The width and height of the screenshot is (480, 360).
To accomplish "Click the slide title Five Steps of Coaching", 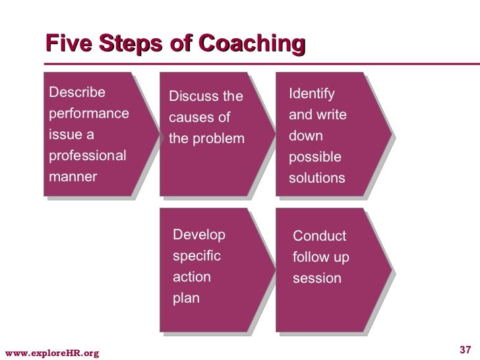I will pyautogui.click(x=175, y=44).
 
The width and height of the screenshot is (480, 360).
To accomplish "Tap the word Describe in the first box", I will pyautogui.click(x=76, y=92).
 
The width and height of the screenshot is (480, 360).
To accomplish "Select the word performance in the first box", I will pyautogui.click(x=89, y=113).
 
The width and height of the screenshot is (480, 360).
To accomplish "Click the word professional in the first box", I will pyautogui.click(x=88, y=156).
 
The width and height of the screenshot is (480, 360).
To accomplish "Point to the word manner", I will pyautogui.click(x=73, y=177).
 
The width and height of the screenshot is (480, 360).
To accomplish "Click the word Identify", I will pyautogui.click(x=312, y=94).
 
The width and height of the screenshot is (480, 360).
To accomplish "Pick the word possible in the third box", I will pyautogui.click(x=315, y=158).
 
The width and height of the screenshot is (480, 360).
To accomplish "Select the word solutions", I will pyautogui.click(x=317, y=179).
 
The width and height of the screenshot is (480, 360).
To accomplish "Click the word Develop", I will pyautogui.click(x=198, y=235).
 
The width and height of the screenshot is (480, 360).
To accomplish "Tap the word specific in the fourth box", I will pyautogui.click(x=196, y=256).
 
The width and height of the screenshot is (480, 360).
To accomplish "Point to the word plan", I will pyautogui.click(x=185, y=298).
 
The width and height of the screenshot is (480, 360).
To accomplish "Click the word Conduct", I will pyautogui.click(x=319, y=236).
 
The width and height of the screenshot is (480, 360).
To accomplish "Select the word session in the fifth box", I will pyautogui.click(x=317, y=278).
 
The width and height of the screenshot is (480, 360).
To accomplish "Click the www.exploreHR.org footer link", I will pyautogui.click(x=51, y=353).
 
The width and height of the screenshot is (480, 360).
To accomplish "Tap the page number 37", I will pyautogui.click(x=465, y=349).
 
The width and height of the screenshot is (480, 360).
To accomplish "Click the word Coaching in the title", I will pyautogui.click(x=253, y=44).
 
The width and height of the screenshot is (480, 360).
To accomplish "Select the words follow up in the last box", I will pyautogui.click(x=321, y=257).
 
